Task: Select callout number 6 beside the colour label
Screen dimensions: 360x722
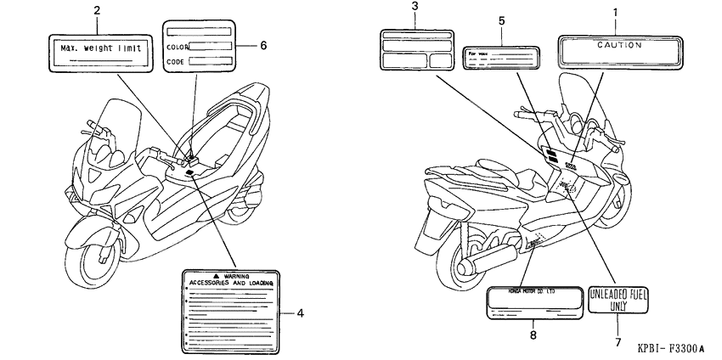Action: (x=263, y=45)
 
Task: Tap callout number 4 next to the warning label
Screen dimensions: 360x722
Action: (x=300, y=312)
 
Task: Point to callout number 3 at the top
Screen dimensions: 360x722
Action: (x=415, y=8)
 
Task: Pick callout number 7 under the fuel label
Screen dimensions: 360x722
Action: (x=618, y=341)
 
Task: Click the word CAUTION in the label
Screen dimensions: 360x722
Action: (x=618, y=44)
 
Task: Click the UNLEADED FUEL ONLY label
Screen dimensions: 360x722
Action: (x=618, y=299)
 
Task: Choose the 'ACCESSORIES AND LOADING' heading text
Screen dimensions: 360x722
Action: (x=231, y=282)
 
